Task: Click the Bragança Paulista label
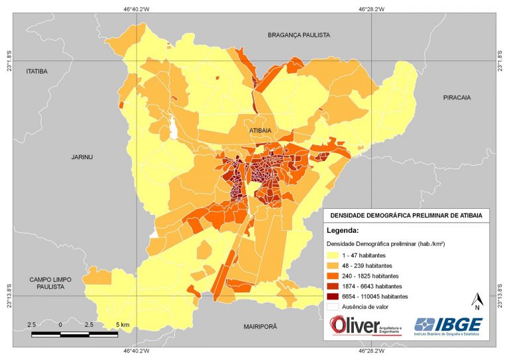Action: (x=298, y=34)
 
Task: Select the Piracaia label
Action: (x=457, y=97)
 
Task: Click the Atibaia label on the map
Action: (x=260, y=131)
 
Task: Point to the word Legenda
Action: (x=343, y=231)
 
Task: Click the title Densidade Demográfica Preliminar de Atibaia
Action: (x=406, y=215)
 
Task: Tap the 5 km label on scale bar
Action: (x=122, y=324)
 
